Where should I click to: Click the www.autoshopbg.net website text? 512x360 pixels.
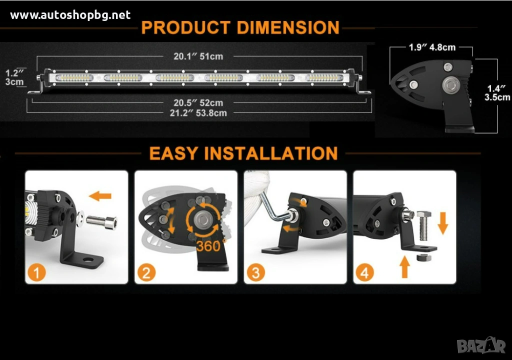coord(70,15)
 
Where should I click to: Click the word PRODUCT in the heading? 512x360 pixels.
coord(186,27)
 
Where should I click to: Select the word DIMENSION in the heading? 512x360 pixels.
coord(288,27)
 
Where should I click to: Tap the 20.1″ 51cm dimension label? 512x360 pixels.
coord(198,56)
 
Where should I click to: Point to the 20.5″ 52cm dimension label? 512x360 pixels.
coord(198,103)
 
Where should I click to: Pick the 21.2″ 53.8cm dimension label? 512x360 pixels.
coord(198,113)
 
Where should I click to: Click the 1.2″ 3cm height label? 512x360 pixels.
coord(14,77)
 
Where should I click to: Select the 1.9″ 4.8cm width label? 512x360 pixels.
coord(432,47)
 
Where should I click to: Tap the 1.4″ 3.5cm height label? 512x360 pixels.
coord(497,93)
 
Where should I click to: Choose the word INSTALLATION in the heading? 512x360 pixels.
coord(271,153)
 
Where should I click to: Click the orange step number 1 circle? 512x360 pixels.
coord(36,273)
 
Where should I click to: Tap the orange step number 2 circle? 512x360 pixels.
coord(146,273)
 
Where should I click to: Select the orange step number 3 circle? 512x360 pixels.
coord(255,273)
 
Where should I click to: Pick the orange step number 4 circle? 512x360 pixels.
coord(364,273)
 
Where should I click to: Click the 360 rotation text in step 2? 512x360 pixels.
coord(210,245)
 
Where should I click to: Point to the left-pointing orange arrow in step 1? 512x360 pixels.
coord(100,196)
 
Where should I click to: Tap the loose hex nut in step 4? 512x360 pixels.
coord(424,257)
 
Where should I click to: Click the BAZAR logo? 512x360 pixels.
coord(481,345)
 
